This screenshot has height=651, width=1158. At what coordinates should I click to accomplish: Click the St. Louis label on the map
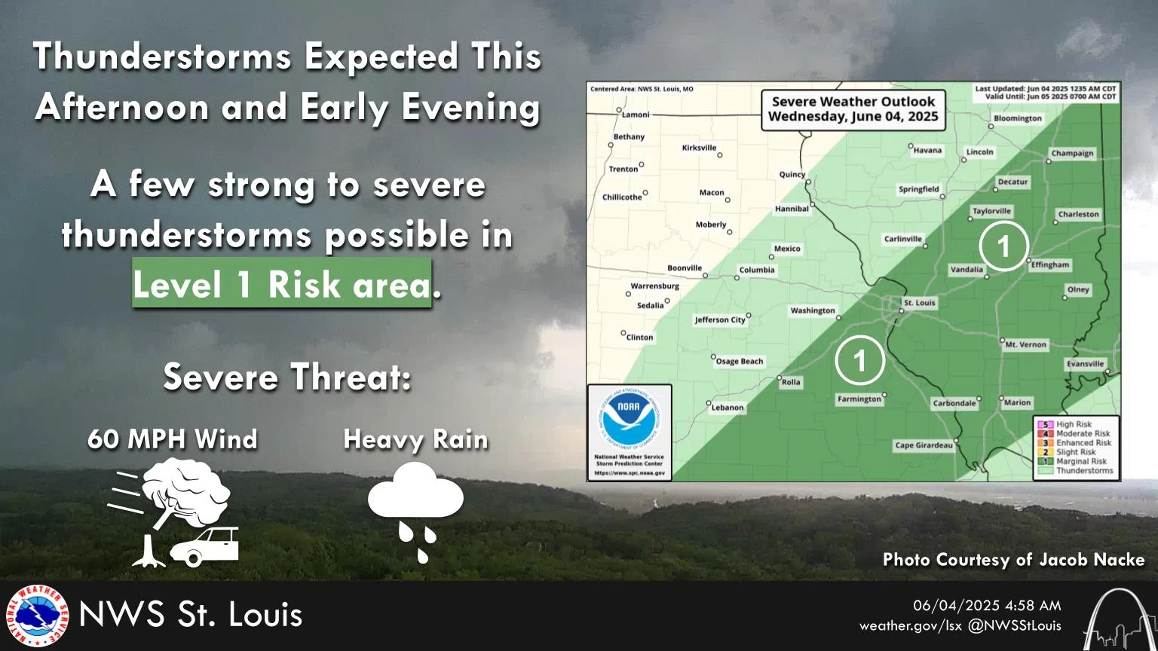click(919, 303)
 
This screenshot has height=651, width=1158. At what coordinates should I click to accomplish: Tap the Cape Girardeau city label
click(924, 445)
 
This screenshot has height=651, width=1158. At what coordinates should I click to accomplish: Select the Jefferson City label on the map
click(720, 319)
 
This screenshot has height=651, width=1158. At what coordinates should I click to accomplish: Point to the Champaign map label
click(1072, 153)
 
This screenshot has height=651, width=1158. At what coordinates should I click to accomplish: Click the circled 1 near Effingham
click(1003, 246)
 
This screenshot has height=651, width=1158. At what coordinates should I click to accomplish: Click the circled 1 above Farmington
click(859, 360)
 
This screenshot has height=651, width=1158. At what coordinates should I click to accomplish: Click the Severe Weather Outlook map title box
click(853, 109)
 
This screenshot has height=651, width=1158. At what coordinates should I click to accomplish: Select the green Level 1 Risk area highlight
click(281, 284)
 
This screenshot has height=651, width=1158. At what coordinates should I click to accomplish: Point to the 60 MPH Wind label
click(173, 439)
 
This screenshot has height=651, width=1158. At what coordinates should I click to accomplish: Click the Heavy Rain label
click(415, 439)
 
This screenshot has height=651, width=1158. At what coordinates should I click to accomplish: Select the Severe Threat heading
click(287, 377)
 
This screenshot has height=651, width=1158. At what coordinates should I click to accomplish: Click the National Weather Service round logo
click(37, 616)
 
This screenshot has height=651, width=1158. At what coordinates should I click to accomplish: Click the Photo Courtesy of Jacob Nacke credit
click(1013, 560)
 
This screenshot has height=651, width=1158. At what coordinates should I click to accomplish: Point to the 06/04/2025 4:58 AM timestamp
click(987, 605)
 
